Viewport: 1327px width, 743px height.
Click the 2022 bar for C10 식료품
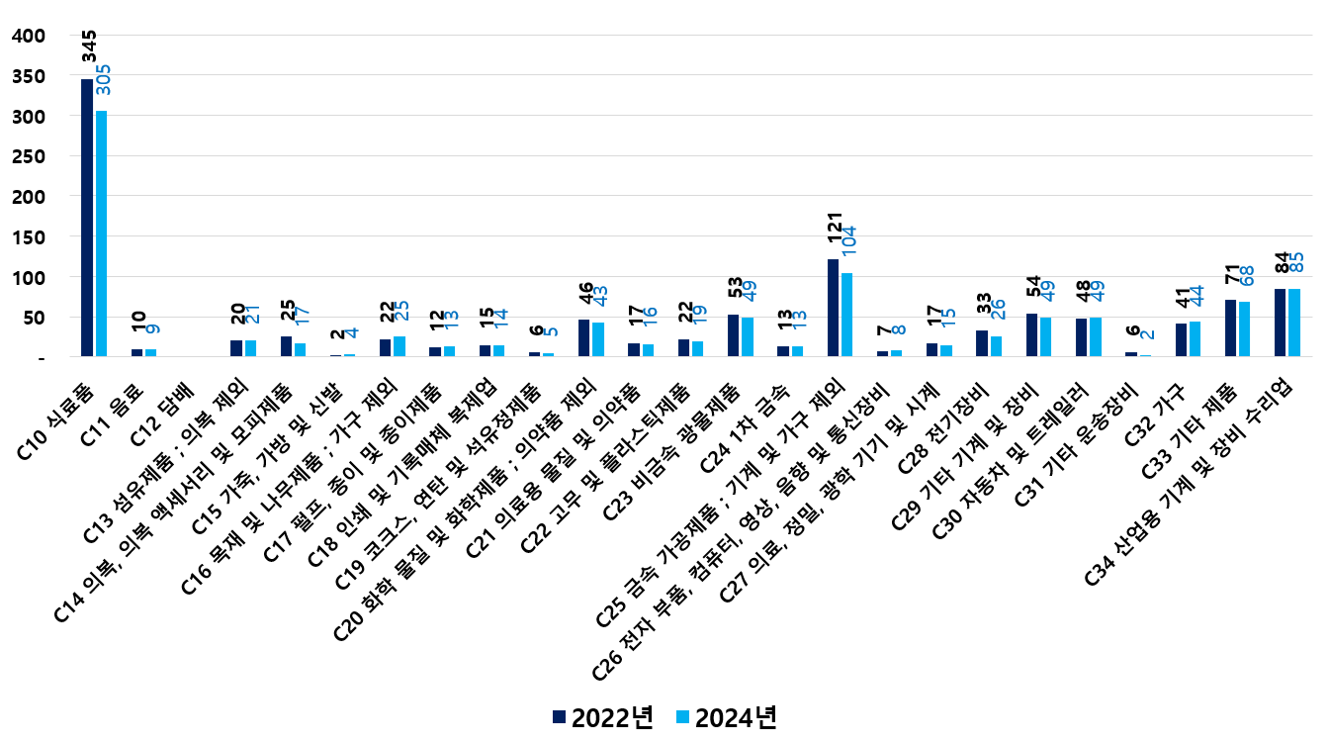tap(87, 218)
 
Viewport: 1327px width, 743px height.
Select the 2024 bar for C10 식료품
tap(101, 233)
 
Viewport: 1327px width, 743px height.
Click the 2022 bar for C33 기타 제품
tap(1230, 327)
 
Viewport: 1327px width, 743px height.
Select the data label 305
tap(103, 80)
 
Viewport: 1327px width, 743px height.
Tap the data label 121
tap(835, 232)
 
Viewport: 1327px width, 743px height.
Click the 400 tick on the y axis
tap(31, 36)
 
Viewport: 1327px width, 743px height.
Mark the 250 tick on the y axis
tap(31, 157)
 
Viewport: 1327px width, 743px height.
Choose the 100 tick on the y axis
tap(31, 279)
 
